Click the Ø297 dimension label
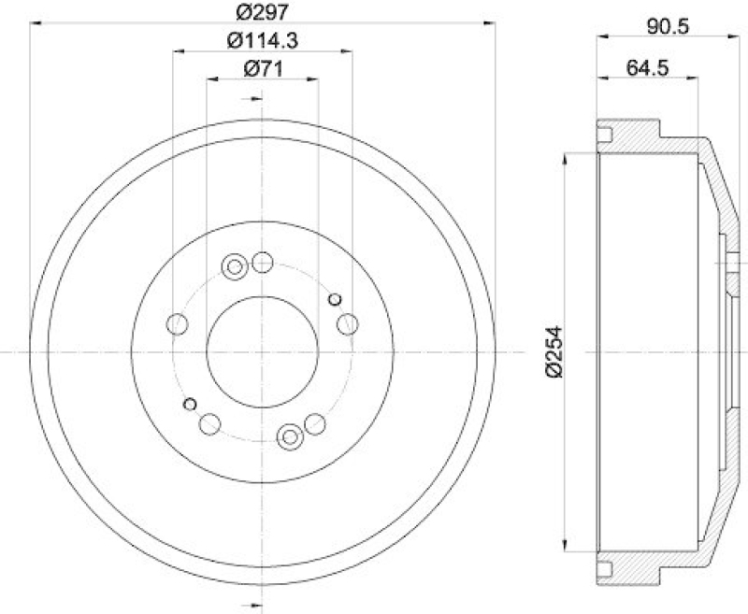point(262,12)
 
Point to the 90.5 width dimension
point(667,26)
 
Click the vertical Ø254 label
point(554,351)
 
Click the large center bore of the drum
point(262,352)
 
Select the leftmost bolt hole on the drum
point(176,324)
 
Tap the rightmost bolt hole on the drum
point(348,324)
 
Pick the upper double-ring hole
point(234,268)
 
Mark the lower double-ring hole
point(291,436)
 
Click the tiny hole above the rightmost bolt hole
point(335,299)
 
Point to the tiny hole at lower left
point(190,404)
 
